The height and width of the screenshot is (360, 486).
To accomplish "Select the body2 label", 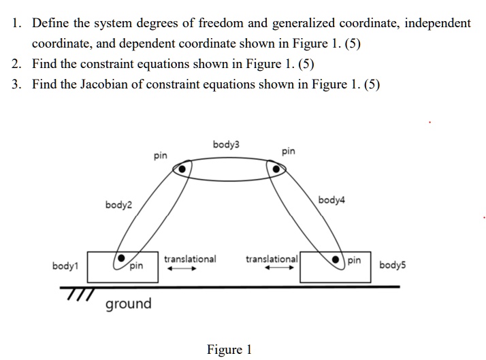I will tap(119, 205).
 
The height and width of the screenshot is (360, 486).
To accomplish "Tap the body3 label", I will tap(226, 144).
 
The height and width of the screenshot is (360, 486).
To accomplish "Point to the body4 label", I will tap(331, 200).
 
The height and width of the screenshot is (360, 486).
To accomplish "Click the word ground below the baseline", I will tap(128, 304).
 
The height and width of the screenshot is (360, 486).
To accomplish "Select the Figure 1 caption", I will tap(229, 350).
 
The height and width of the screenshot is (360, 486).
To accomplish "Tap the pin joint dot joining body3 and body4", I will tap(276, 169).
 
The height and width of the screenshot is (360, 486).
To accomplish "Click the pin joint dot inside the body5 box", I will tap(337, 261).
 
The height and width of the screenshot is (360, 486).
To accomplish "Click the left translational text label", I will tap(190, 259).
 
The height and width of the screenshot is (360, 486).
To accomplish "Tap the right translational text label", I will tap(272, 259).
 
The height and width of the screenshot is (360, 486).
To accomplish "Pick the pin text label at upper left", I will tap(160, 156).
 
